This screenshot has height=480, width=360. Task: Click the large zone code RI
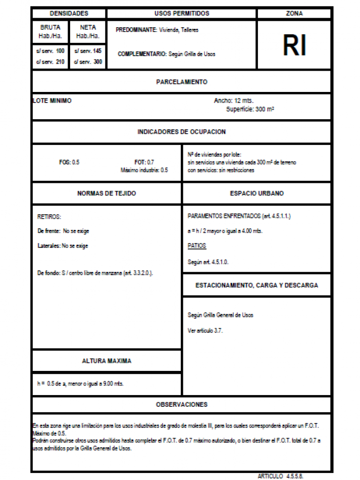pyautogui.click(x=294, y=46)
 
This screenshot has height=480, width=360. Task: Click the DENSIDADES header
pyautogui.click(x=69, y=14)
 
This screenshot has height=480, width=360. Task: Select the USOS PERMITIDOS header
pyautogui.click(x=182, y=14)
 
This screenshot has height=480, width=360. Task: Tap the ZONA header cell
pyautogui.click(x=294, y=14)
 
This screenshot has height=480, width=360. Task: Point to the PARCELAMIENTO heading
pyautogui.click(x=182, y=82)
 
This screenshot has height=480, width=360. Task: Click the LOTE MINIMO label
pyautogui.click(x=52, y=101)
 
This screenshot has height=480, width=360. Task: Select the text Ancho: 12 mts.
pyautogui.click(x=237, y=101)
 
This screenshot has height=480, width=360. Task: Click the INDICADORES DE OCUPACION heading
pyautogui.click(x=182, y=132)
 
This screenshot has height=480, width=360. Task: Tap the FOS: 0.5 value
pyautogui.click(x=69, y=162)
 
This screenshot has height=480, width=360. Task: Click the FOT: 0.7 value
pyautogui.click(x=144, y=162)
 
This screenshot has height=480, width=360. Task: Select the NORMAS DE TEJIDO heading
pyautogui.click(x=107, y=194)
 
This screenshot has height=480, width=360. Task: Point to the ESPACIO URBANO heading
pyautogui.click(x=257, y=194)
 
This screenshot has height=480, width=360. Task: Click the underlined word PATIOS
pyautogui.click(x=196, y=246)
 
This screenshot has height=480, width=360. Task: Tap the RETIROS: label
pyautogui.click(x=49, y=217)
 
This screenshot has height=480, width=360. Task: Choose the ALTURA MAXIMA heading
pyautogui.click(x=107, y=361)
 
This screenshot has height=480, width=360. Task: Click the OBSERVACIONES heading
pyautogui.click(x=182, y=405)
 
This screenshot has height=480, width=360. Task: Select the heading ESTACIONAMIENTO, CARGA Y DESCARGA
pyautogui.click(x=257, y=285)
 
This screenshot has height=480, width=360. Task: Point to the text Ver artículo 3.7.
pyautogui.click(x=205, y=330)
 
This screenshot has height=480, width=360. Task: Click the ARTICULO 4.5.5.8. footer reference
pyautogui.click(x=281, y=476)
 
